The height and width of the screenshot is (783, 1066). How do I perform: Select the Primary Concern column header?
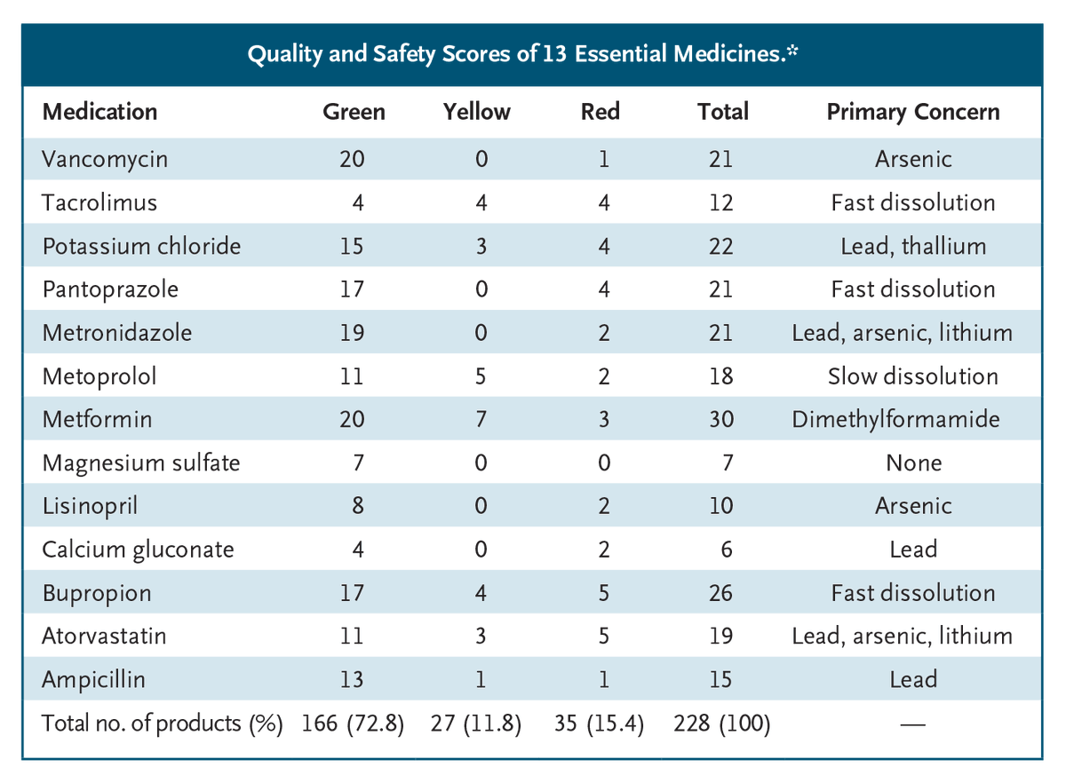913,112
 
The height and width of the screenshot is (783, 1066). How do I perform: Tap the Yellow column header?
477,112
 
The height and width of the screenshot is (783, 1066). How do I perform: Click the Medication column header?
99,112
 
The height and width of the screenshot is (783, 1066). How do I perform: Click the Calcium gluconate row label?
138,550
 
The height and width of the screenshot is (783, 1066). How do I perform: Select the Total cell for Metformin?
721,419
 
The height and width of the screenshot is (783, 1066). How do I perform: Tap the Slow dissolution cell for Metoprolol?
913,376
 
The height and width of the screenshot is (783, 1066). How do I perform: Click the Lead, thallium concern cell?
913,246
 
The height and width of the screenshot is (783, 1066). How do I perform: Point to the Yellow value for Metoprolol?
481,376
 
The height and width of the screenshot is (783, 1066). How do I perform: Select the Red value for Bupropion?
604,593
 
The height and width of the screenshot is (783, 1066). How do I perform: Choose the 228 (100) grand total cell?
722,724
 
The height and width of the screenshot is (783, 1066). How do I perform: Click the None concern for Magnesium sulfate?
913,463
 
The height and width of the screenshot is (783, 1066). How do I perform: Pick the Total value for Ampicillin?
721,680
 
